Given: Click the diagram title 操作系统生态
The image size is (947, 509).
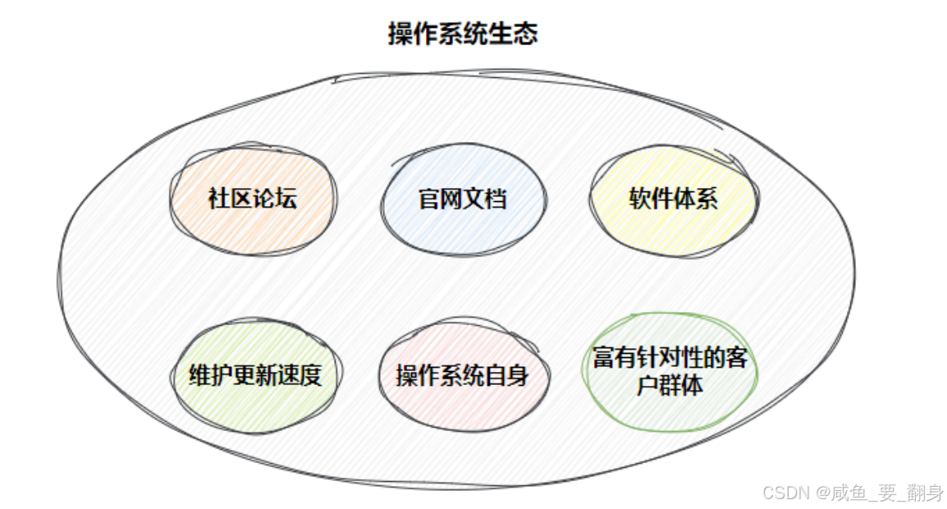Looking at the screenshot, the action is coord(463,34).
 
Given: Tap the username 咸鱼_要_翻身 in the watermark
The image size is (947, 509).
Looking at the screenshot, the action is coord(890,493).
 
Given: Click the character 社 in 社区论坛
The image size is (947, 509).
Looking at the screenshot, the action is coord(219,199).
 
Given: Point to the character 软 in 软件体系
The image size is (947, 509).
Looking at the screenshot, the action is coord(640,199).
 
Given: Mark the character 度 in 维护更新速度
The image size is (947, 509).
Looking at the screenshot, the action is coord(309,375).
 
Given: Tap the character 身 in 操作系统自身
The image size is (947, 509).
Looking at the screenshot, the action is coord(517,376).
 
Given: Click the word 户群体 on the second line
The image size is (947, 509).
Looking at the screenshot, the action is coord(670,384).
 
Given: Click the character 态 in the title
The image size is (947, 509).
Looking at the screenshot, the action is coord(526,34).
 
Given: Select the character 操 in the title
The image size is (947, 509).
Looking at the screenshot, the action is coord(400,34).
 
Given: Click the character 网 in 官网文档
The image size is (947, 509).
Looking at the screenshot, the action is coord(451,199).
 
